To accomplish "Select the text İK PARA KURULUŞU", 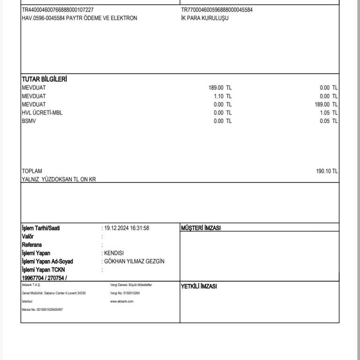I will point(205,18).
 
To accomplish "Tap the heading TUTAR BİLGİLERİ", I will point(44,79).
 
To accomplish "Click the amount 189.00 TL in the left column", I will point(220,88).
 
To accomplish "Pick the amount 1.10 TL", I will point(222,96).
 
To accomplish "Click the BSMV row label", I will point(29,121).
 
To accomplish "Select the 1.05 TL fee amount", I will point(328,113).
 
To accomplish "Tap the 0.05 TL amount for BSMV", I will point(328,121).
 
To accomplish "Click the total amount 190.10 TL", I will point(327,172).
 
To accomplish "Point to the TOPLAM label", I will point(32,172).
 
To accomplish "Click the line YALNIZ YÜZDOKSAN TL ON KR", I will point(59,180).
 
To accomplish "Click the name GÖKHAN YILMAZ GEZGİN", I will point(135,262).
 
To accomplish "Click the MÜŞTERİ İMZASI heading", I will point(201,228).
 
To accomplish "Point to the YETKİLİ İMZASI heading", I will point(199,286).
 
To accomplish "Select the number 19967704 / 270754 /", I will point(45,278).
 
